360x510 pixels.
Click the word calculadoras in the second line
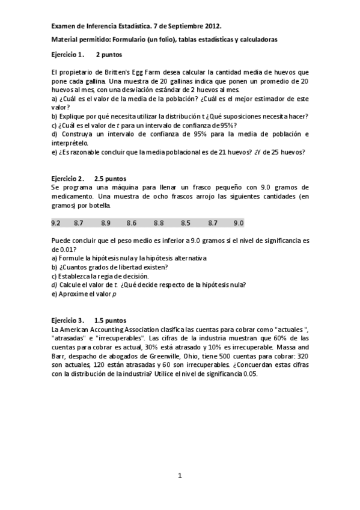(x=258, y=39)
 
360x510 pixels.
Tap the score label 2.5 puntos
(x=111, y=179)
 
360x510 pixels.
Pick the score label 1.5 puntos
(x=111, y=321)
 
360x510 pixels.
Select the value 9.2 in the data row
(x=56, y=223)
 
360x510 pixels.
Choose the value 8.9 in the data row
(x=105, y=223)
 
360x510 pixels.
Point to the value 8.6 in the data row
(x=132, y=223)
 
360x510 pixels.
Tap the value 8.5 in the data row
(x=185, y=223)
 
